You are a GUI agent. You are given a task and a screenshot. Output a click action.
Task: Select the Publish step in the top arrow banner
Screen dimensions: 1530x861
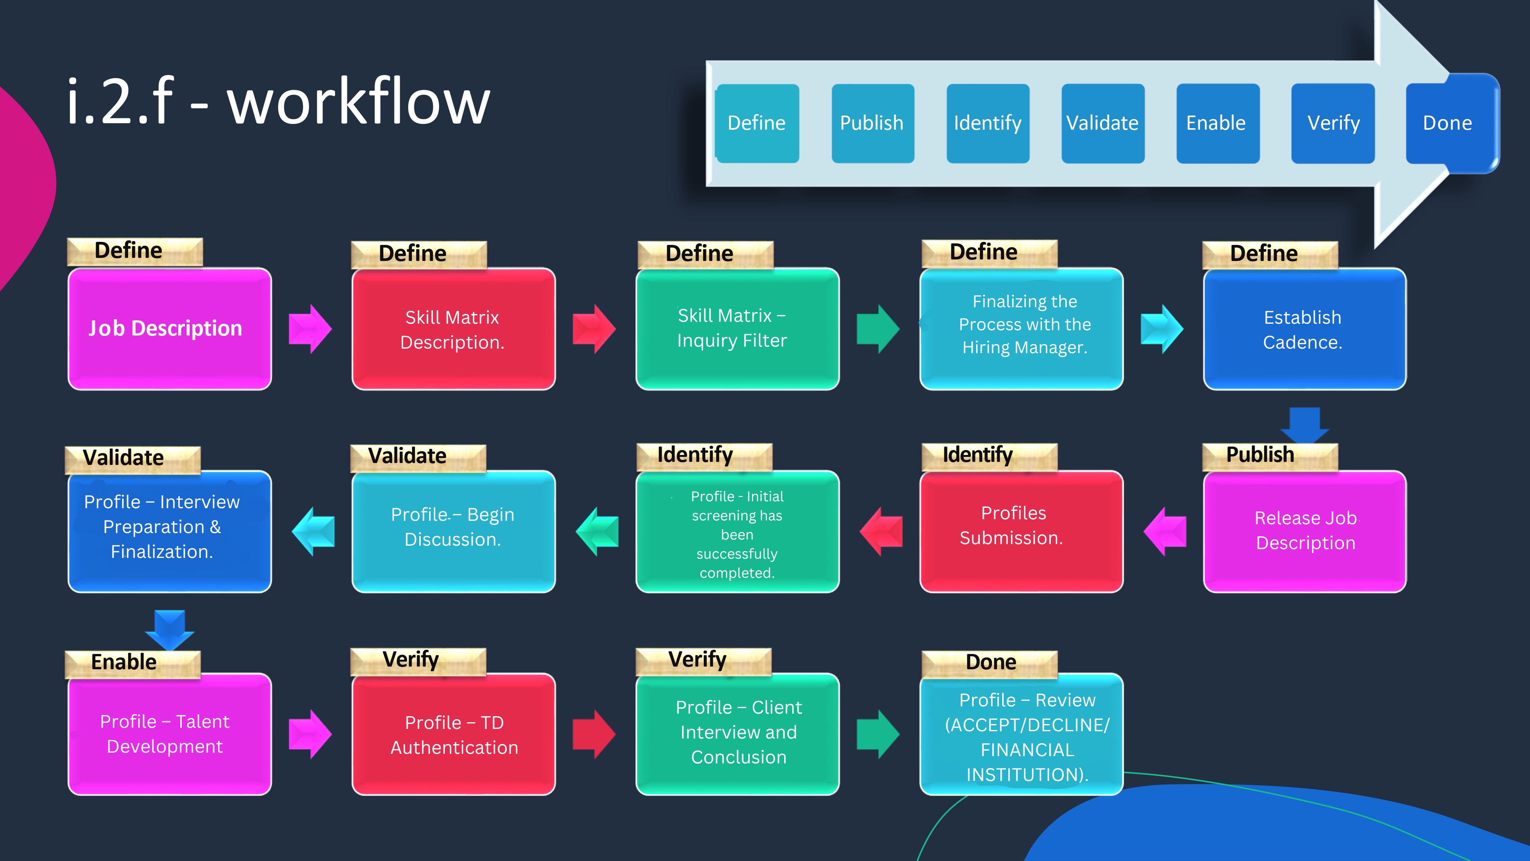pyautogui.click(x=872, y=123)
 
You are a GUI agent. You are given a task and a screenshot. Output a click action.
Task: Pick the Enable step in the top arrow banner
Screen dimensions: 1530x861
pyautogui.click(x=1217, y=123)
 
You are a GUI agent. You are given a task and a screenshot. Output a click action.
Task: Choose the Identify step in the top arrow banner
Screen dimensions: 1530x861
pyautogui.click(x=988, y=123)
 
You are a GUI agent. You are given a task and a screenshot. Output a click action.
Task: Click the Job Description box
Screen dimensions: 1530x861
pyautogui.click(x=170, y=329)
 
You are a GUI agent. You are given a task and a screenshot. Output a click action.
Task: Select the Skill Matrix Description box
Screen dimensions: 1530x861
pyautogui.click(x=454, y=329)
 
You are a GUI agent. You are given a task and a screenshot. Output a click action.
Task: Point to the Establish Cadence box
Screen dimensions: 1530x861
pyautogui.click(x=1305, y=329)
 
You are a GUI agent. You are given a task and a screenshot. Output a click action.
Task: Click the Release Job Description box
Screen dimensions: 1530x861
pyautogui.click(x=1305, y=531)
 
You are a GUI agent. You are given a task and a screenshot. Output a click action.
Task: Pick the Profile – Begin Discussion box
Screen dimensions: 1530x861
pyautogui.click(x=454, y=531)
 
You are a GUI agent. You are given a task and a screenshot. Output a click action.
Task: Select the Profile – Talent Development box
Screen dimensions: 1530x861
pyautogui.click(x=170, y=734)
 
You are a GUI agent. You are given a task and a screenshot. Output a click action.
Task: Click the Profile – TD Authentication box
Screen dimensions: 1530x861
pyautogui.click(x=454, y=734)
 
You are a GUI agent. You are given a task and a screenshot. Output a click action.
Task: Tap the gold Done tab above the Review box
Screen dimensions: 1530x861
pyautogui.click(x=990, y=664)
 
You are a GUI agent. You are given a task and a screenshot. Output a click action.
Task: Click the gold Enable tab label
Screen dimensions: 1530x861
pyautogui.click(x=132, y=664)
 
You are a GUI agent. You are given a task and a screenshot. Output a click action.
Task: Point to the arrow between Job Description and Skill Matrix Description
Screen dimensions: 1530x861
pyautogui.click(x=310, y=329)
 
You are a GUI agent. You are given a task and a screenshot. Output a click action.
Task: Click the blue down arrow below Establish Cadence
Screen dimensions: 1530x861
pyautogui.click(x=1305, y=425)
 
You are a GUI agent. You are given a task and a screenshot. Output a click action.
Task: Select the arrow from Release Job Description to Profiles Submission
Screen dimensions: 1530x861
pyautogui.click(x=1165, y=531)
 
